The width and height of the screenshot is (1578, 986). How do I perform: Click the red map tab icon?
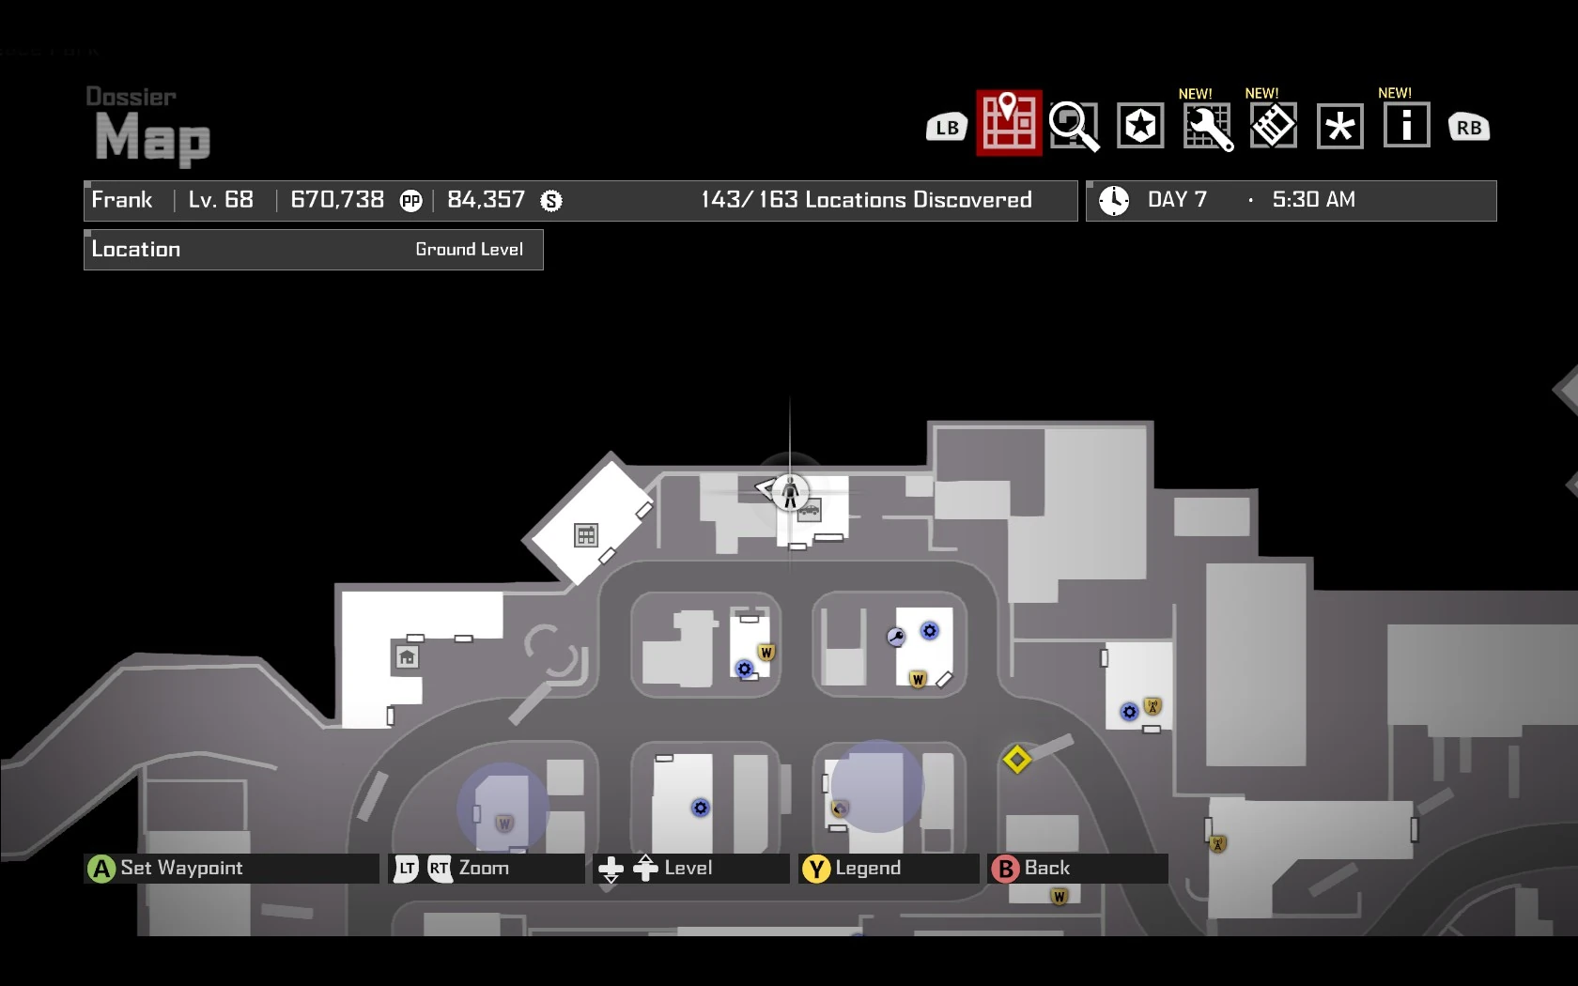[1009, 123]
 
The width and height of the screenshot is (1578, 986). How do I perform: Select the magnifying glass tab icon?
[1074, 126]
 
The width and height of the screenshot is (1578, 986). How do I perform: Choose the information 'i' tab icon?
[1406, 125]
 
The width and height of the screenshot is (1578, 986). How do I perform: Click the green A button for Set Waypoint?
[101, 869]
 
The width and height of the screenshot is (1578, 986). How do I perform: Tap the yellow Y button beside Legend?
[816, 869]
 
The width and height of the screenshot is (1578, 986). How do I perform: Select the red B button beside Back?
[1005, 869]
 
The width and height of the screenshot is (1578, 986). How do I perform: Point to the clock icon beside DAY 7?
[1114, 200]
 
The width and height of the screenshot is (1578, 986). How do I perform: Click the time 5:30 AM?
[1313, 200]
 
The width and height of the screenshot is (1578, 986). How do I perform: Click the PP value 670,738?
[337, 200]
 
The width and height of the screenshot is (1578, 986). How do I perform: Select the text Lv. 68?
[221, 200]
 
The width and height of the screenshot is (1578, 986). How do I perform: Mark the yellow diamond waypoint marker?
[1016, 759]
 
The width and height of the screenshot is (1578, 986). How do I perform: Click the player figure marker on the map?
[790, 490]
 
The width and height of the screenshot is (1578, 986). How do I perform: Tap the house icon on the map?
[407, 657]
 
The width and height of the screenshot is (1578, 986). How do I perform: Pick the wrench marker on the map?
[896, 638]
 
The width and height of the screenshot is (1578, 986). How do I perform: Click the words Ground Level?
[469, 250]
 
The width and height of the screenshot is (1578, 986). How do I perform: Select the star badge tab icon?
[1140, 126]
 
